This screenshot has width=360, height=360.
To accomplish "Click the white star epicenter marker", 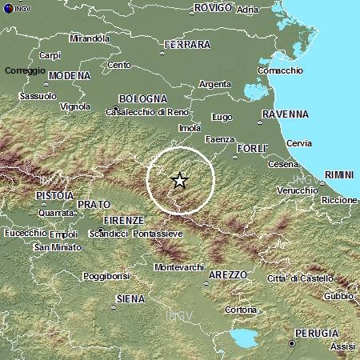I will pos(180,180).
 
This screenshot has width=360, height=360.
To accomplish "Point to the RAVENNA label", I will pos(285,114).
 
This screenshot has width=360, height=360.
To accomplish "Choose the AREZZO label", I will pos(228,274).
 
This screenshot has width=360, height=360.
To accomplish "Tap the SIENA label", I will pos(130,298).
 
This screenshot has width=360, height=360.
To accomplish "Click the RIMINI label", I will pos(342,174).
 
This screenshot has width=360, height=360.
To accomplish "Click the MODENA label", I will pos(70,76).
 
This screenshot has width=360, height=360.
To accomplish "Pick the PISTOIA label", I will pos(55,195).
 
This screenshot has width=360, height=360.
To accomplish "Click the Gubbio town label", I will pos(338,296).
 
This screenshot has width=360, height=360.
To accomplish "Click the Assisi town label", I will pos(342,346).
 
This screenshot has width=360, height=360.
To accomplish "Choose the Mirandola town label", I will pos(90,38).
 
